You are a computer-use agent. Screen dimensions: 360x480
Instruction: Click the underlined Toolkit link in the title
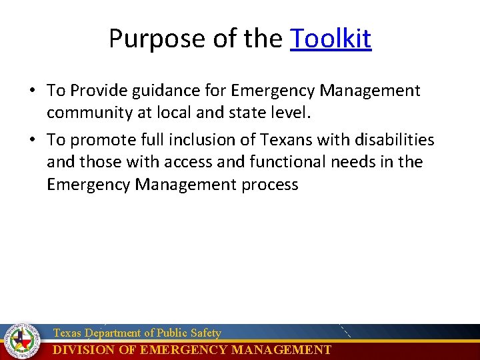pyautogui.click(x=331, y=39)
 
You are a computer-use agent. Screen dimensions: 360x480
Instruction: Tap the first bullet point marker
pyautogui.click(x=33, y=91)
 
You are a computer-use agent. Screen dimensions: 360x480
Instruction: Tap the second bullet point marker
pyautogui.click(x=33, y=141)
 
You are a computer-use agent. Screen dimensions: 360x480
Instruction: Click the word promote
pyautogui.click(x=99, y=140)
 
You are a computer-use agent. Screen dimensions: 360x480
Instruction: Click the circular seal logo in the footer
pyautogui.click(x=21, y=341)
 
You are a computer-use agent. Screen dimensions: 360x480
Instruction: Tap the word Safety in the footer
pyautogui.click(x=205, y=333)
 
